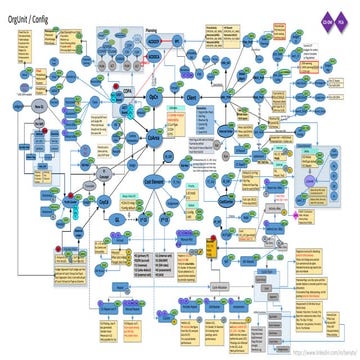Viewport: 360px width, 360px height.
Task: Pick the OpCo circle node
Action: click(155, 97)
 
